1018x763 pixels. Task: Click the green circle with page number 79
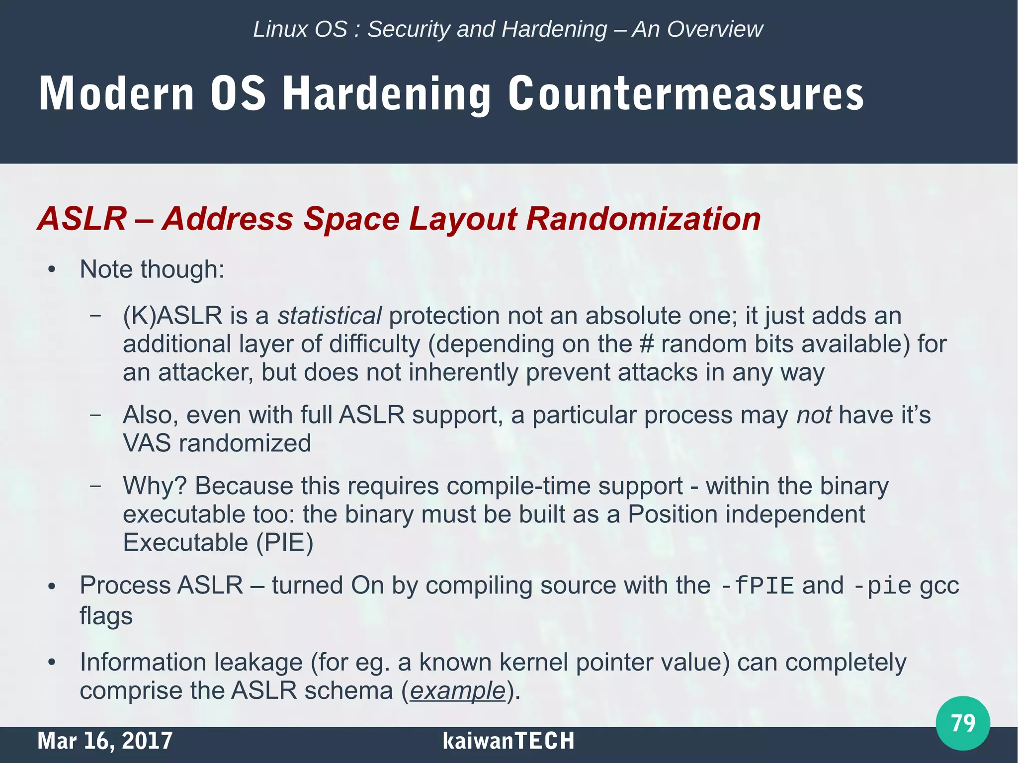[962, 723]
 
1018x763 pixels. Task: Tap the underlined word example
[457, 691]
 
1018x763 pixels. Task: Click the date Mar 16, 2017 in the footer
[105, 741]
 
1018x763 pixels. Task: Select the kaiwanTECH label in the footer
[508, 741]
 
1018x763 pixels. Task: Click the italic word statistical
[329, 316]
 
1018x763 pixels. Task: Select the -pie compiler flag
[882, 586]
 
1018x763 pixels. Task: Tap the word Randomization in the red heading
[643, 219]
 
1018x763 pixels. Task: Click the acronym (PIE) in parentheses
[285, 542]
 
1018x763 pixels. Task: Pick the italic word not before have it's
[814, 415]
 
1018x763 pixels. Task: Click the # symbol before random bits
[646, 344]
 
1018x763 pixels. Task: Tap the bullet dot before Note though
[51, 270]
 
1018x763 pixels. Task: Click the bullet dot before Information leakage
[51, 663]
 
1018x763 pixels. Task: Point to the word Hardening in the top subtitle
[554, 29]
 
